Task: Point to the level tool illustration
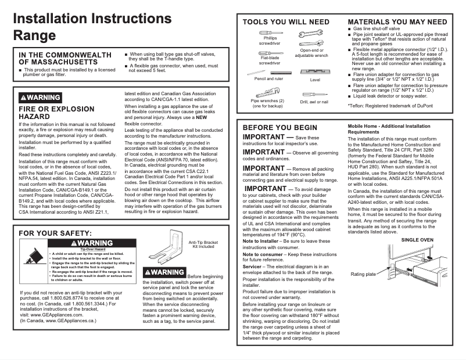tap(315, 72)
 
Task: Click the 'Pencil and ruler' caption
tap(269, 79)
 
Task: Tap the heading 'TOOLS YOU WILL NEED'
tap(286, 22)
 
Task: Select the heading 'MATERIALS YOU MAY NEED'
tap(397, 22)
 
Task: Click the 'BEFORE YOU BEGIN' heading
tap(280, 127)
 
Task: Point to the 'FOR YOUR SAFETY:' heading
tap(55, 233)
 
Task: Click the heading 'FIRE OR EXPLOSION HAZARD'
tap(56, 113)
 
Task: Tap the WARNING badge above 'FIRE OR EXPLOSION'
tap(40, 97)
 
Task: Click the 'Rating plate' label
tap(363, 274)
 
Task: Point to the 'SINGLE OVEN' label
tap(417, 240)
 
